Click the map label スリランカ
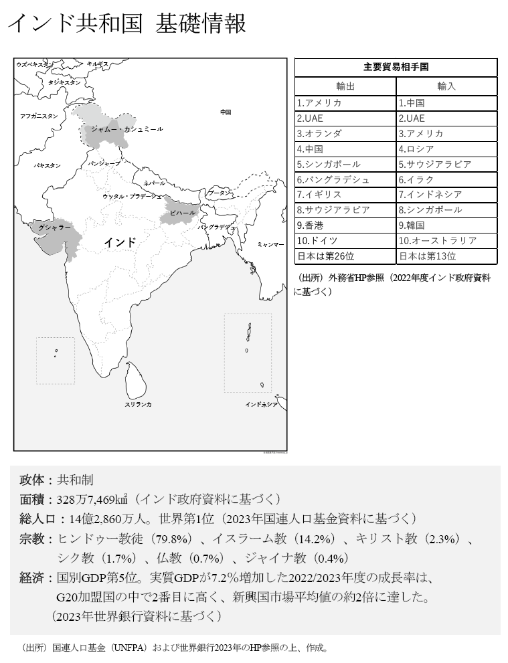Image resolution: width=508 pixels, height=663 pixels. (138, 404)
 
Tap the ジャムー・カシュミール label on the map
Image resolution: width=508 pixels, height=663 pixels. (126, 128)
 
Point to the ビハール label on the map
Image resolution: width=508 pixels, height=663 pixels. (182, 213)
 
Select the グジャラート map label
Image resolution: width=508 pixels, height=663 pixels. (55, 228)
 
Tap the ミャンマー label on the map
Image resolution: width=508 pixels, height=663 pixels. (270, 245)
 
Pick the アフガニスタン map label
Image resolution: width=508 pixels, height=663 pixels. (39, 116)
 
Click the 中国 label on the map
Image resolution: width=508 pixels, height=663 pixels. (226, 112)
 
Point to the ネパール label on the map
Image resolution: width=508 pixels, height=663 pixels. (154, 183)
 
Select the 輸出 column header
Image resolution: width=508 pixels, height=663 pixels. (345, 86)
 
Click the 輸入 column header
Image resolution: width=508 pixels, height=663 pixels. (446, 86)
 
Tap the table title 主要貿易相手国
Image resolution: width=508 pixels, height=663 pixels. (396, 67)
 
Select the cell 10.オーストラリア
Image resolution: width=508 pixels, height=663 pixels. (438, 240)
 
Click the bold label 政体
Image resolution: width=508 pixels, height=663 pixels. (31, 480)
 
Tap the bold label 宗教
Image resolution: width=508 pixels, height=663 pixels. (31, 539)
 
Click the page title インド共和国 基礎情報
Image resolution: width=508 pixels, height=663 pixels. (126, 24)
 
